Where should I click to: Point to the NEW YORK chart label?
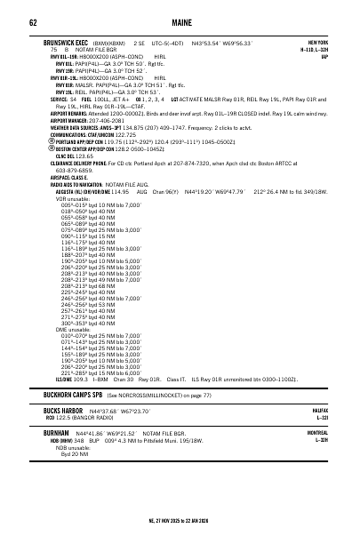point(317,42)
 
